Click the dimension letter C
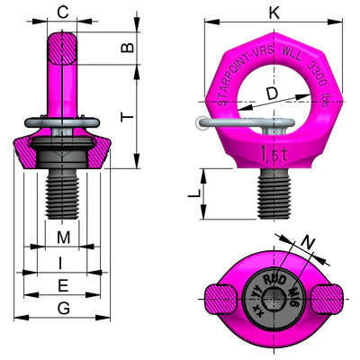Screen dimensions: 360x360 click(63, 12)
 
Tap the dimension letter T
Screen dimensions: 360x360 click(128, 117)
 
